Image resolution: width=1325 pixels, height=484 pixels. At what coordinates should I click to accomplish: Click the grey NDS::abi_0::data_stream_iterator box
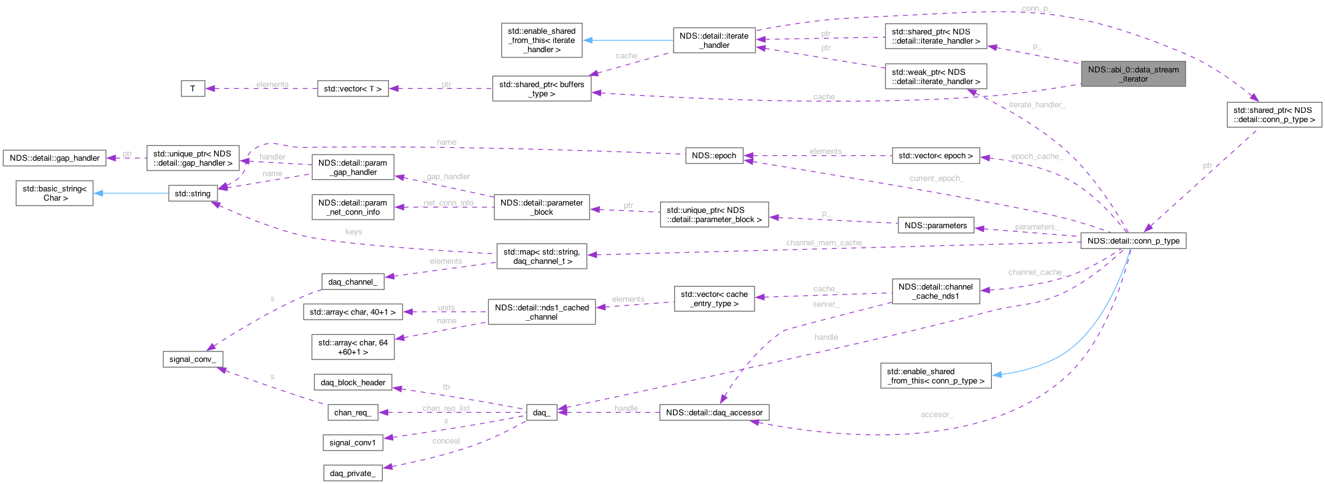click(x=1133, y=74)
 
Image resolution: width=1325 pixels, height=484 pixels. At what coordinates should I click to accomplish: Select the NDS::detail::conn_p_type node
click(x=1133, y=241)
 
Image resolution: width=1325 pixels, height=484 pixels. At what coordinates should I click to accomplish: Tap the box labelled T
click(x=193, y=89)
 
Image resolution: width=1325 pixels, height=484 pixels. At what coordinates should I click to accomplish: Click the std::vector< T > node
click(x=353, y=89)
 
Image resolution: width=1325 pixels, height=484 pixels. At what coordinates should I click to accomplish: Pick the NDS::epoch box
click(x=713, y=156)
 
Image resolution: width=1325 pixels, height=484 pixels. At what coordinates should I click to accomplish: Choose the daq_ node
click(x=542, y=413)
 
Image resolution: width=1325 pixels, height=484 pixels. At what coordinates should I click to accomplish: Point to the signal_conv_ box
click(x=193, y=359)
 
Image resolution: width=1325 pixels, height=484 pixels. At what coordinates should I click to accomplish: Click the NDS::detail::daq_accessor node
click(x=714, y=413)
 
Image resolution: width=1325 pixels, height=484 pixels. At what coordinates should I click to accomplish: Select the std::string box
click(x=193, y=194)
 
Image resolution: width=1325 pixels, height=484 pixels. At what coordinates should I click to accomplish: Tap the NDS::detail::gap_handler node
click(x=55, y=158)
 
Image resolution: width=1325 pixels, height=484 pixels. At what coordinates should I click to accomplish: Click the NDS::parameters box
click(x=935, y=226)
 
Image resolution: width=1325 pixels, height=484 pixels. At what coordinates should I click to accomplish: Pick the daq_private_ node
click(x=352, y=474)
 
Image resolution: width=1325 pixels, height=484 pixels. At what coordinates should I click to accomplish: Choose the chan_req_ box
click(x=352, y=413)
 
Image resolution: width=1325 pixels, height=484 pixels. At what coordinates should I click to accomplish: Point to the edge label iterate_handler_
click(x=1037, y=105)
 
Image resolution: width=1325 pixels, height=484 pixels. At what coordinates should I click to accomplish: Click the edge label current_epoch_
click(x=937, y=179)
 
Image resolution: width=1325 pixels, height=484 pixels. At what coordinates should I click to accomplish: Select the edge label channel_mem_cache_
click(x=825, y=243)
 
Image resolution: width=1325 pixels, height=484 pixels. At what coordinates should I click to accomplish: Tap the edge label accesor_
click(x=936, y=415)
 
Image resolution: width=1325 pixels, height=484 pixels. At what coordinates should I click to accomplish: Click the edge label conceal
click(x=446, y=441)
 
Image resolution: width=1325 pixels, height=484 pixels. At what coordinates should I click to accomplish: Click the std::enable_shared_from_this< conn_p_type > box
click(x=935, y=376)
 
